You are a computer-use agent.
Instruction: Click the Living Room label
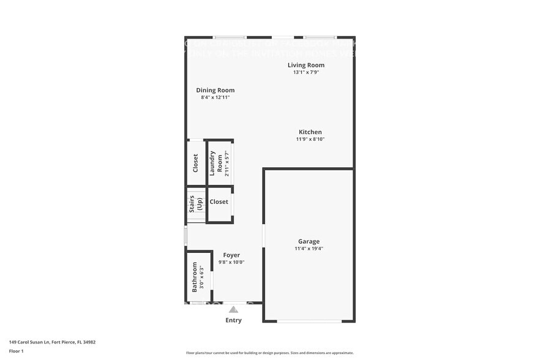point(306,65)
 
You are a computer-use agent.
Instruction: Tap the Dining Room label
point(215,90)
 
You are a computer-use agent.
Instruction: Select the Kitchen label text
point(310,132)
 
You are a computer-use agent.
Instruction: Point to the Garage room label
point(309,241)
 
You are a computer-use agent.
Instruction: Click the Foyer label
point(231,255)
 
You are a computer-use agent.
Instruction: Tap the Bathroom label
point(195,277)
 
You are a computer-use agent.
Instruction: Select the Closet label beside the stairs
point(219,201)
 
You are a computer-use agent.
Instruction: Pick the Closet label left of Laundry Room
point(195,163)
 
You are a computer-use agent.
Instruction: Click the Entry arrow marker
point(233,310)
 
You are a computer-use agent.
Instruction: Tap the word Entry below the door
point(233,320)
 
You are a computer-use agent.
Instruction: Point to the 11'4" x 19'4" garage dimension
point(309,249)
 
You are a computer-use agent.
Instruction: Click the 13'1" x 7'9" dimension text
point(306,72)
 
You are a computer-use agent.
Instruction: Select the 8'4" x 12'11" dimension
point(215,97)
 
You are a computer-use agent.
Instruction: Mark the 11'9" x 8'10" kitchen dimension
point(310,139)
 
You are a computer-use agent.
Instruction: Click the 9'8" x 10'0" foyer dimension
point(231,262)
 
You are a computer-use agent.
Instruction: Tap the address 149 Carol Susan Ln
point(52,342)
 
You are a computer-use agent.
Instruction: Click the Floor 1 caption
point(16,351)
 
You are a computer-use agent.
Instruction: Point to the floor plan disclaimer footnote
point(269,353)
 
